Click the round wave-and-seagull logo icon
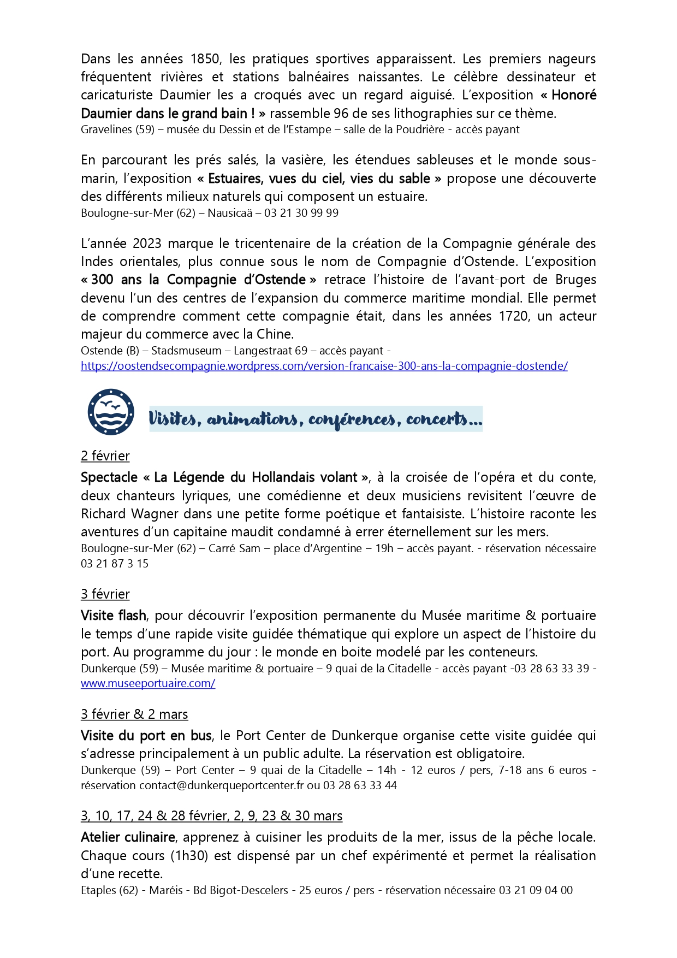click(111, 412)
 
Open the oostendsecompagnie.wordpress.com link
click(324, 366)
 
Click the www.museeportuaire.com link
click(148, 683)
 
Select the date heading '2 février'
click(105, 456)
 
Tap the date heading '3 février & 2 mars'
click(134, 714)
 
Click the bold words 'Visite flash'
click(114, 616)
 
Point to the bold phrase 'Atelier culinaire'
click(128, 837)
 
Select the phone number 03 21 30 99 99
click(301, 213)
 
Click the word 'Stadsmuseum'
click(186, 351)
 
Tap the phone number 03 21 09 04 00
click(536, 890)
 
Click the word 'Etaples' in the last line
click(99, 890)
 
